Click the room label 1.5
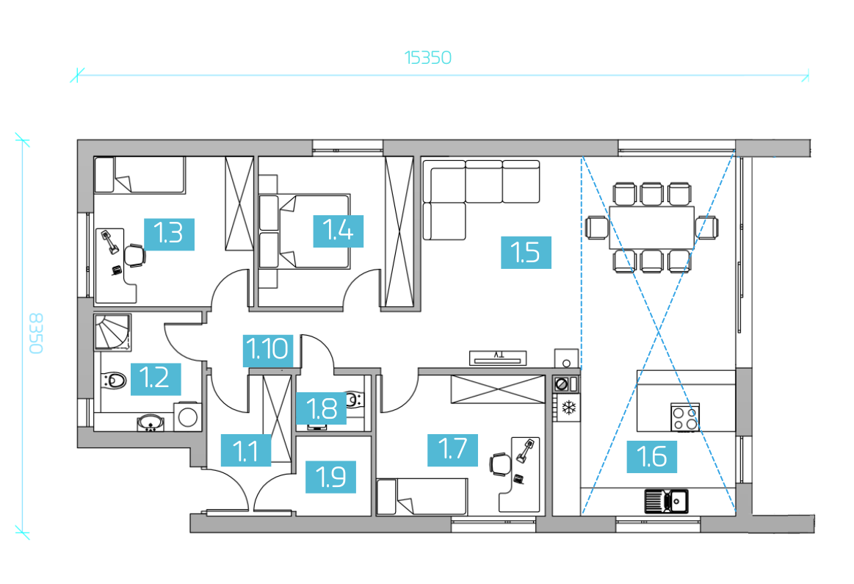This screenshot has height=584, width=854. coord(526,252)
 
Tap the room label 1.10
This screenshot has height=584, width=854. coord(267,350)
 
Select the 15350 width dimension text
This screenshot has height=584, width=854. coord(428,58)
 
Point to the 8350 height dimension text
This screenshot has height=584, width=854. coord(35,334)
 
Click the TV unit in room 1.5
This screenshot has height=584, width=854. coord(498,358)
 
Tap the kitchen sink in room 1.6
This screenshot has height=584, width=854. coord(666,501)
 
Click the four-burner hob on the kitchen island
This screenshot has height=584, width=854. coord(684,418)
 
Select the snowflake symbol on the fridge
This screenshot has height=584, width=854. coord(568,408)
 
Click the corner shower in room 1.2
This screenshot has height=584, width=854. coord(112,332)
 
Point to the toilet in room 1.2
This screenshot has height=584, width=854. coord(113,380)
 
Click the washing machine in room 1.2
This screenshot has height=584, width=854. coord(187,417)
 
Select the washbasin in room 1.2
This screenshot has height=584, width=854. coord(151,422)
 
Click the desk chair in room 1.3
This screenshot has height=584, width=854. coord(135,255)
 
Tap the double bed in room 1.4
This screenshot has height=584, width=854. coord(305,231)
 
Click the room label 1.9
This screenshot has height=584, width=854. coord(330,477)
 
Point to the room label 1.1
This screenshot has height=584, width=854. coord(246,450)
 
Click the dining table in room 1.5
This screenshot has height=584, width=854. coord(651,227)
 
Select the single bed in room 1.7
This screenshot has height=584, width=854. coord(422,497)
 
